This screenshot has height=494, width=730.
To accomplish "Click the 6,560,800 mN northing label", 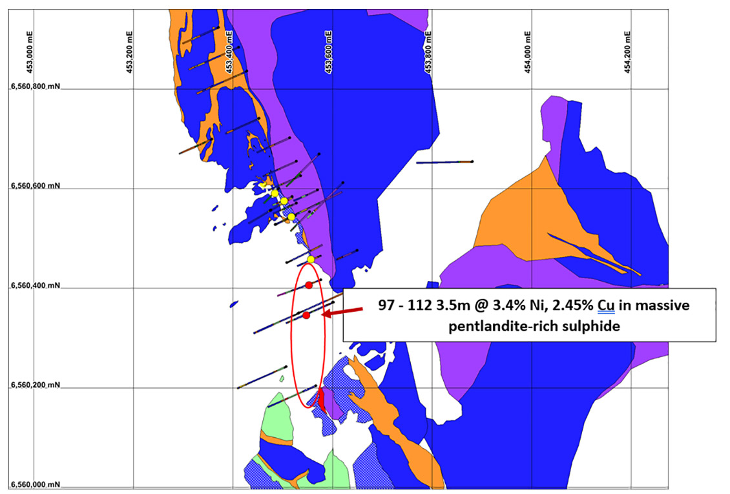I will coord(35,87).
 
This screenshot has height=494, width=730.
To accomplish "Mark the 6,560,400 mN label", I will coord(35,285).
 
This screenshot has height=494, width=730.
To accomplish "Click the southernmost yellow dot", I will coord(311,260).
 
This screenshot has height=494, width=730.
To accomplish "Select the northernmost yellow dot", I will coord(275,193).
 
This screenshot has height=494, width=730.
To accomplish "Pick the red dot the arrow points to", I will coord(306,315).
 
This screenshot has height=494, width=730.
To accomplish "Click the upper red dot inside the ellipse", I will coord(309,285).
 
